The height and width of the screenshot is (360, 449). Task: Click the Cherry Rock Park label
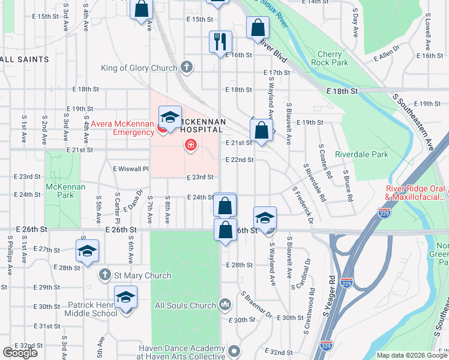[333, 58]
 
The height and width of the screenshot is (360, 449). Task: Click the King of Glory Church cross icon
[187, 67]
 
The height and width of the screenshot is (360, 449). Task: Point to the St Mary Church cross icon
[104, 274]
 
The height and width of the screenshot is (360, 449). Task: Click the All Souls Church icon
[225, 305]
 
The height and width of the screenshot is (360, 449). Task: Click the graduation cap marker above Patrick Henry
[126, 298]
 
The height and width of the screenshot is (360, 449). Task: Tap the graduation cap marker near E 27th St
[87, 251]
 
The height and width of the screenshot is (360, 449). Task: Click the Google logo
[20, 353]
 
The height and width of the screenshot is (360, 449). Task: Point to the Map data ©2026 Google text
[411, 355]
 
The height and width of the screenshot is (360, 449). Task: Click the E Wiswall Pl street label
[130, 169]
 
